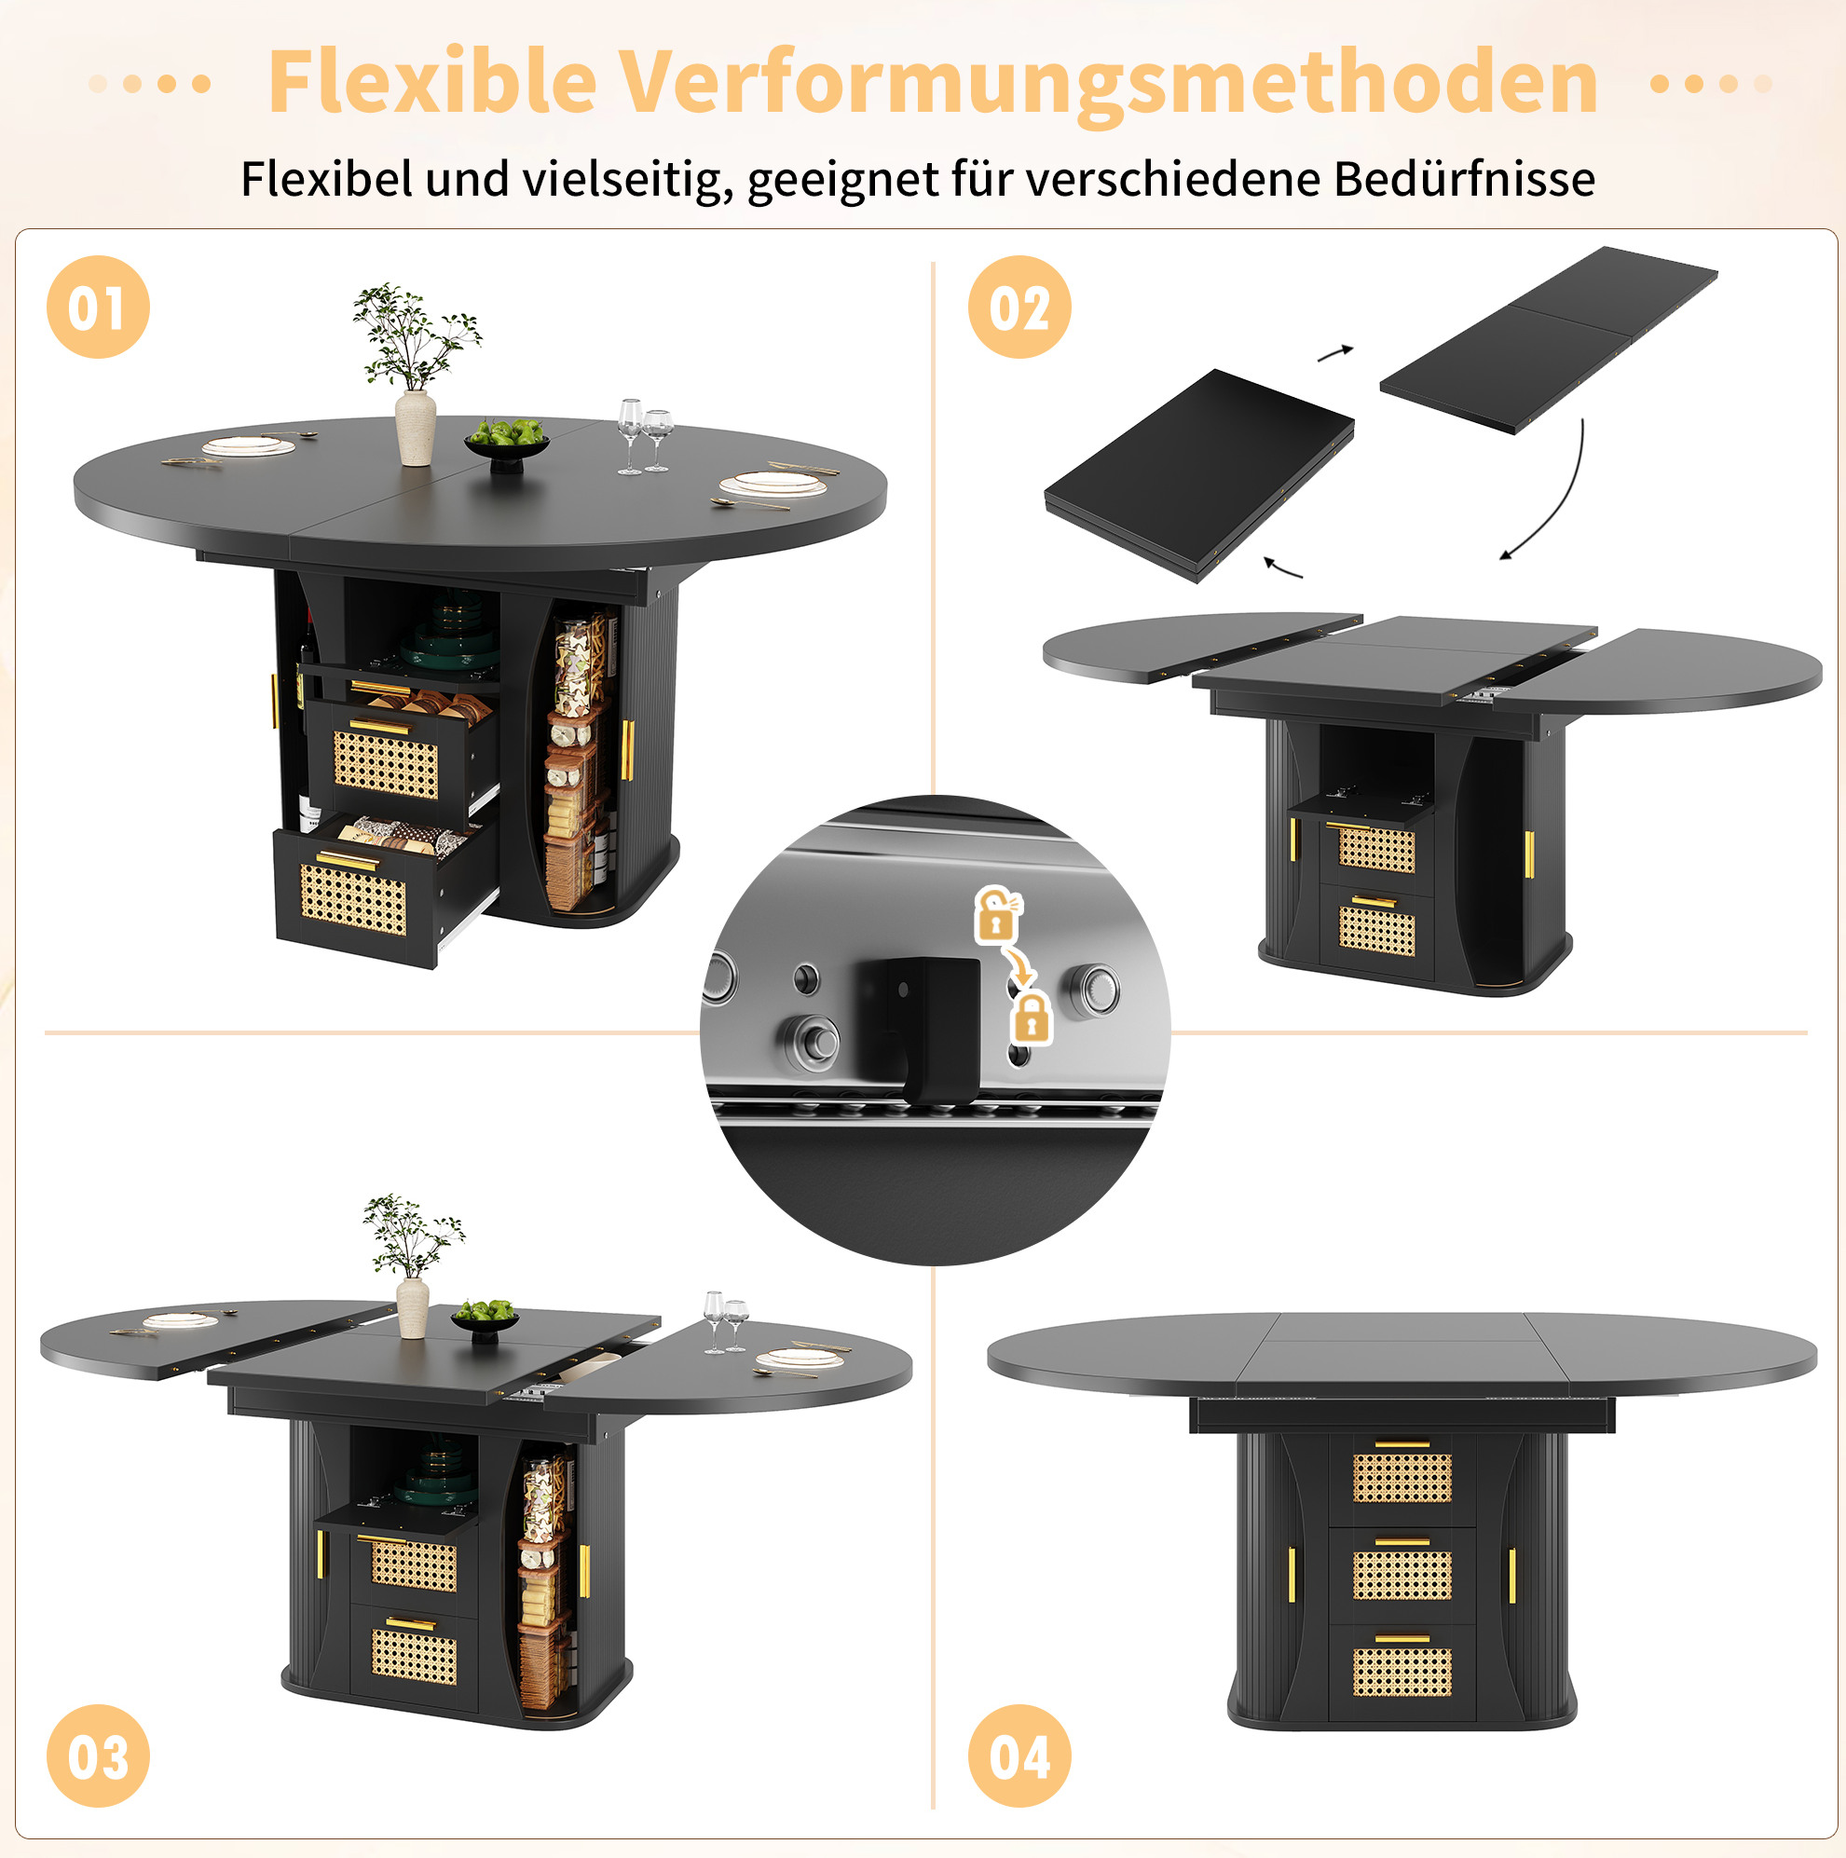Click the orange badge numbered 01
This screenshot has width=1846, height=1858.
[x=98, y=307]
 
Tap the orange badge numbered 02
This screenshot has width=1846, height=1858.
[x=1019, y=307]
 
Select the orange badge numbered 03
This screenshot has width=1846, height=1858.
[x=98, y=1756]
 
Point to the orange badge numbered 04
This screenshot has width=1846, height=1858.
[x=1019, y=1756]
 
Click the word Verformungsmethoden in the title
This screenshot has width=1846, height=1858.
[x=1108, y=85]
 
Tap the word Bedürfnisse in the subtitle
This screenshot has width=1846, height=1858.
[x=1464, y=179]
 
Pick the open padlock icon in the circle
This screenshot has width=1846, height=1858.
[x=999, y=912]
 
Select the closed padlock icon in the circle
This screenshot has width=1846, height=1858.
[x=1032, y=1018]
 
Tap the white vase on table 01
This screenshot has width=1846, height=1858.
[x=416, y=427]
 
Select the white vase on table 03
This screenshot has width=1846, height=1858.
[x=413, y=1307]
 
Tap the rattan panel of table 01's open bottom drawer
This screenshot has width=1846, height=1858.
[x=353, y=899]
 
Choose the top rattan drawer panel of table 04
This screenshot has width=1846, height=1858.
[x=1402, y=1478]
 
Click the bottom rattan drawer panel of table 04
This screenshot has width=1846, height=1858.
[x=1402, y=1672]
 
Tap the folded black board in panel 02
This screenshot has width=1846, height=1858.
[x=1199, y=475]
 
